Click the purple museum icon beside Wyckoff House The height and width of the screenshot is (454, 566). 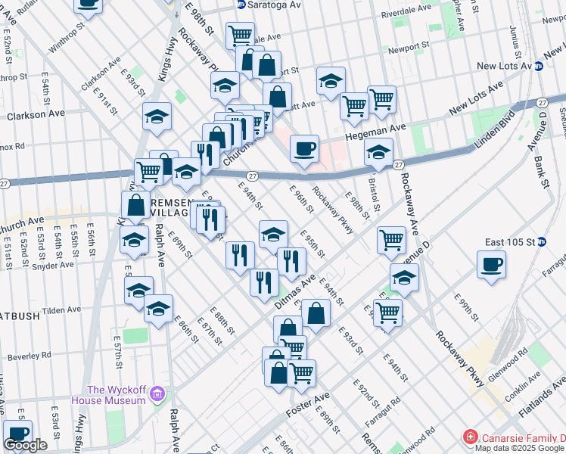pyautogui.click(x=157, y=393)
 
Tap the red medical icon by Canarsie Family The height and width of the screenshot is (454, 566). pyautogui.click(x=470, y=438)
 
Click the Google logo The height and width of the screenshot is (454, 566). pyautogui.click(x=25, y=445)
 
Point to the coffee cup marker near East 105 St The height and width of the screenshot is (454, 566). pyautogui.click(x=491, y=265)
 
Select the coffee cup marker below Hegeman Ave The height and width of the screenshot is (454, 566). pyautogui.click(x=304, y=148)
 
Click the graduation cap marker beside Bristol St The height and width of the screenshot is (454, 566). pyautogui.click(x=378, y=151)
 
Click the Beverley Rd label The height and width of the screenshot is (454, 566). pyautogui.click(x=30, y=355)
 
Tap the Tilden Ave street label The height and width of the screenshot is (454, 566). pyautogui.click(x=61, y=311)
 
